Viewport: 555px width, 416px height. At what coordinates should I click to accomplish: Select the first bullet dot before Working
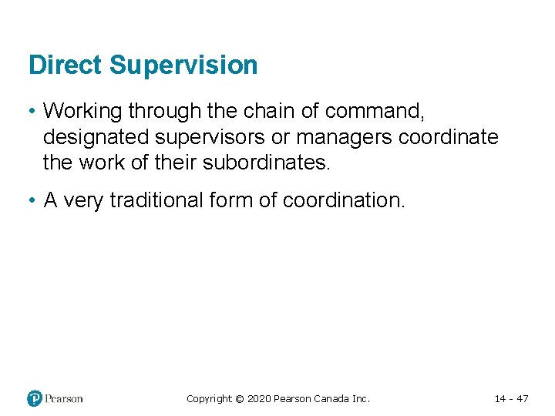[x=32, y=112]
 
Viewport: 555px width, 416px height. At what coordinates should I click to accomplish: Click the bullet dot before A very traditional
[x=32, y=201]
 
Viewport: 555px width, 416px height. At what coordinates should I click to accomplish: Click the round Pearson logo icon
[x=35, y=398]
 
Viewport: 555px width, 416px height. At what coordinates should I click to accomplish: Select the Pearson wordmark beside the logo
[x=64, y=398]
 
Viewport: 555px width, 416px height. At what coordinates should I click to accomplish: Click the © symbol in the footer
[x=239, y=399]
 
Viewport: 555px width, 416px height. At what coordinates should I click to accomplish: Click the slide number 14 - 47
[x=511, y=399]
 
